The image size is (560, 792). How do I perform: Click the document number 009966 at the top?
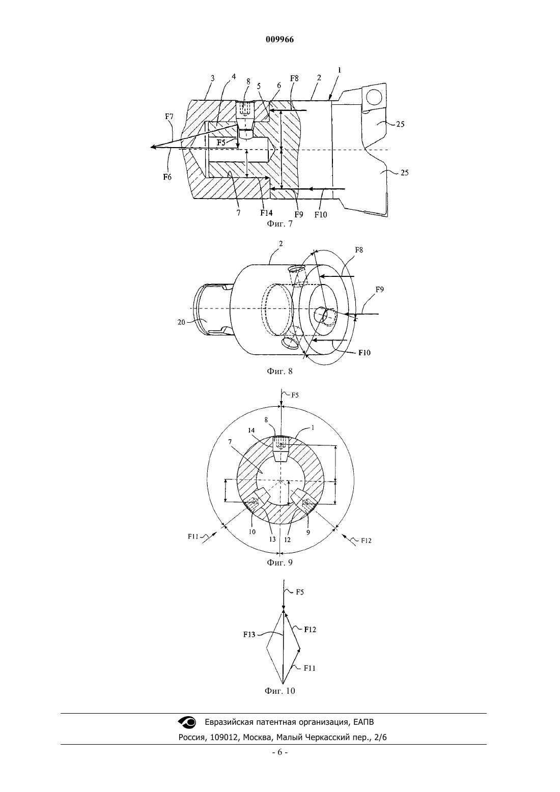pyautogui.click(x=279, y=39)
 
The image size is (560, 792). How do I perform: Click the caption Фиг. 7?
pyautogui.click(x=279, y=224)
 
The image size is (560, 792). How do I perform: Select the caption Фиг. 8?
pyautogui.click(x=279, y=371)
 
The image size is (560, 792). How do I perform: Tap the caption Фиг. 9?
pyautogui.click(x=279, y=562)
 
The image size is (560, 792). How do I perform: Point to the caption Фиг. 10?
pyautogui.click(x=279, y=691)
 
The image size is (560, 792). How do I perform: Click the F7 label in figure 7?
pyautogui.click(x=170, y=116)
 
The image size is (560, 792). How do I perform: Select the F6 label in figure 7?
pyautogui.click(x=167, y=177)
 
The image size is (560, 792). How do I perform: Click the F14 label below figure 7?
pyautogui.click(x=266, y=213)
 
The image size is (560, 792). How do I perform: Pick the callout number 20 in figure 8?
pyautogui.click(x=181, y=322)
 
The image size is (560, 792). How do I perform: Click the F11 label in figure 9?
pyautogui.click(x=193, y=536)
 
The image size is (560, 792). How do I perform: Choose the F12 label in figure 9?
pyautogui.click(x=366, y=541)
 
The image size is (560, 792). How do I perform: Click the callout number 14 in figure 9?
pyautogui.click(x=251, y=430)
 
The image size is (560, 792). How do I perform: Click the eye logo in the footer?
pyautogui.click(x=187, y=722)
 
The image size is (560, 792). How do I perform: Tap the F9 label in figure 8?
pyautogui.click(x=380, y=290)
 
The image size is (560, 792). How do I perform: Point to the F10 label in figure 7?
pyautogui.click(x=321, y=214)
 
